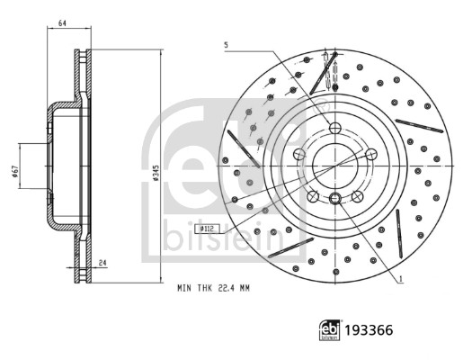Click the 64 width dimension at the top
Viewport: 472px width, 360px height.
62,22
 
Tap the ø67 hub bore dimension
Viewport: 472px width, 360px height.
15,171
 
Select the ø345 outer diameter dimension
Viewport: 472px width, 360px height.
156,173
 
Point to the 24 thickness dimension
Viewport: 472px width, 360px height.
103,263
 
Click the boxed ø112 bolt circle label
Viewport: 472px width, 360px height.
207,229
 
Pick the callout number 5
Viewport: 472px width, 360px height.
226,45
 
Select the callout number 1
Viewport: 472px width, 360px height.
401,279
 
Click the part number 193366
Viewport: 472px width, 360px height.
369,330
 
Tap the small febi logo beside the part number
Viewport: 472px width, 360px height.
330,330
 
